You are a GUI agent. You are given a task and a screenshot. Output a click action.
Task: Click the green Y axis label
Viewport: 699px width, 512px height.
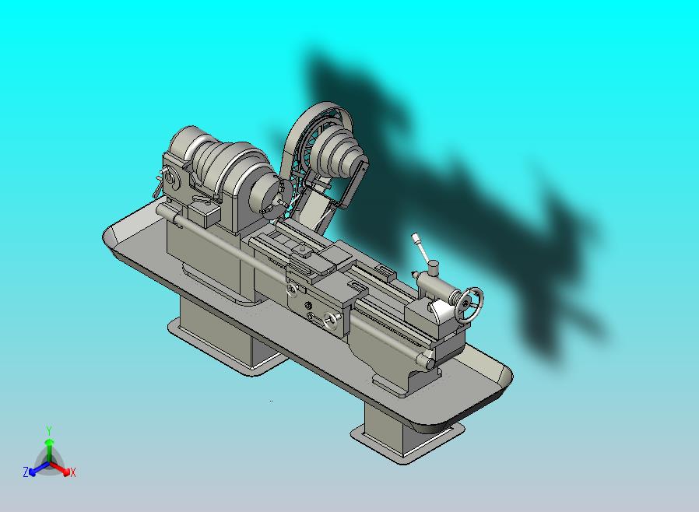[x=49, y=430]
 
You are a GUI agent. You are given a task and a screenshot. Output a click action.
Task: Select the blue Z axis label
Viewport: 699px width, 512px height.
[x=26, y=472]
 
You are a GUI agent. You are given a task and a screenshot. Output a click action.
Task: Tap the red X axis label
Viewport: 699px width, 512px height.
[x=73, y=472]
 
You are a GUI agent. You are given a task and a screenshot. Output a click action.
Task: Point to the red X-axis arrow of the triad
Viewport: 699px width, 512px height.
[x=59, y=468]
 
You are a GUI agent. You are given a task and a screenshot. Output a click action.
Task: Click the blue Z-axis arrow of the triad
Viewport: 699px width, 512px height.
[x=39, y=468]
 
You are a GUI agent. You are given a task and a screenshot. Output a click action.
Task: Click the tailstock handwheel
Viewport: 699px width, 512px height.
[x=469, y=305]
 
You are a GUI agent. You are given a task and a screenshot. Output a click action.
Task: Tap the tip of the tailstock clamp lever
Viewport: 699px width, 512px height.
[x=415, y=237]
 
